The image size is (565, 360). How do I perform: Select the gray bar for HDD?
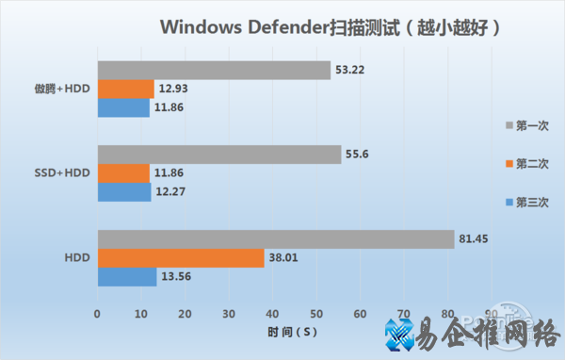[275, 239]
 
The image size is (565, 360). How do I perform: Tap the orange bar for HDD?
[180, 258]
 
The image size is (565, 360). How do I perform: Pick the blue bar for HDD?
[126, 276]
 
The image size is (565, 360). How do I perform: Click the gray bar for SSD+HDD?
[218, 155]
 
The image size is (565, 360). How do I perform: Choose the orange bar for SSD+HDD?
[122, 173]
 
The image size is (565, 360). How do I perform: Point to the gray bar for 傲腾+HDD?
[214, 71]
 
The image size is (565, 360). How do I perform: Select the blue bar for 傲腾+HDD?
[122, 107]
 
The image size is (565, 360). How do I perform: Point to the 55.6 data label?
[359, 155]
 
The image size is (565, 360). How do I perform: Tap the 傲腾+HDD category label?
[57, 90]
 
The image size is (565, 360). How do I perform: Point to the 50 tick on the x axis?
[315, 313]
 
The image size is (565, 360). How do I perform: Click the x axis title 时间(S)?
[296, 332]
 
